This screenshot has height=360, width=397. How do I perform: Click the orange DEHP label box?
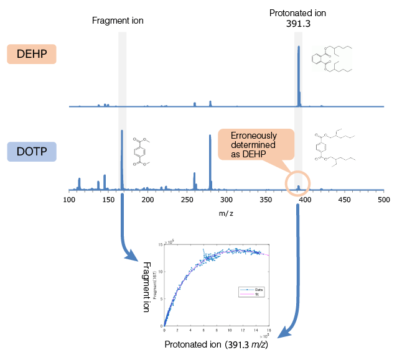[32, 54]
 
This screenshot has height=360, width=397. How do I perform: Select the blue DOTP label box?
[32, 152]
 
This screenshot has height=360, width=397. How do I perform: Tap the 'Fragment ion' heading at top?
[118, 21]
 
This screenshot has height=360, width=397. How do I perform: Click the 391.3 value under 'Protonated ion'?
[299, 24]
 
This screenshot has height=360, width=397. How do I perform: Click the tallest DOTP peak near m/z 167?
[122, 159]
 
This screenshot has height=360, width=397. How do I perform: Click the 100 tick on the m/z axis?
[69, 200]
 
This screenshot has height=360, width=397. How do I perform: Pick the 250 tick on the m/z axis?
[187, 200]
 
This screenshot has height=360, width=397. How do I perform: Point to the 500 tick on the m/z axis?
[384, 200]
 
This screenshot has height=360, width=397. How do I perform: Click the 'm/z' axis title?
[226, 212]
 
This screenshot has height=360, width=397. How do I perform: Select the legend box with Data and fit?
[251, 292]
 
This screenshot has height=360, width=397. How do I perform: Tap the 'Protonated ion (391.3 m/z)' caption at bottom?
[216, 344]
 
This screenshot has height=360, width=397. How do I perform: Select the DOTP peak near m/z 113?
[79, 183]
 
